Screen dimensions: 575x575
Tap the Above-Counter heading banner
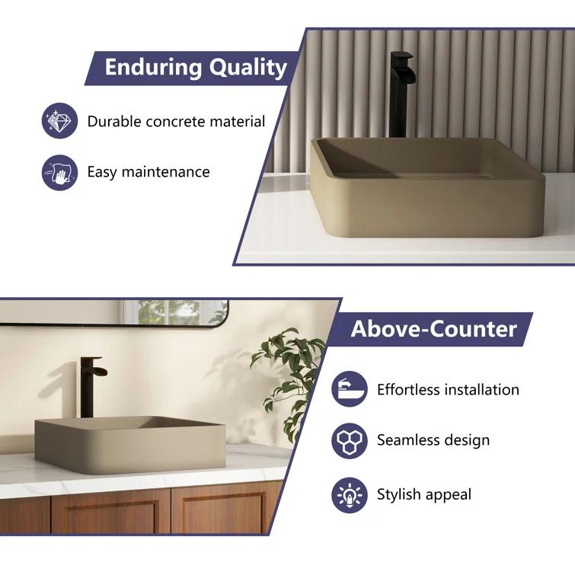pos(433,329)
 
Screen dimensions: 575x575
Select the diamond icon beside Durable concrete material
pos(59,121)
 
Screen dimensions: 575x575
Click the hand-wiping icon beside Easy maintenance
pos(59,172)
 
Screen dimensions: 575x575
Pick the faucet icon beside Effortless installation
pos(350,390)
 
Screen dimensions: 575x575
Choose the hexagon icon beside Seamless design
pos(350,440)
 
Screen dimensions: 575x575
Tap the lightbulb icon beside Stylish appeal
pos(350,495)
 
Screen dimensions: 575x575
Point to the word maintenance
pos(168,172)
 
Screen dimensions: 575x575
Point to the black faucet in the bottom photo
pos(89,385)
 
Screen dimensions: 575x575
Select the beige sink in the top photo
pos(426,187)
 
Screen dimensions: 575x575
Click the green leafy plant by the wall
pos(286,373)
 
